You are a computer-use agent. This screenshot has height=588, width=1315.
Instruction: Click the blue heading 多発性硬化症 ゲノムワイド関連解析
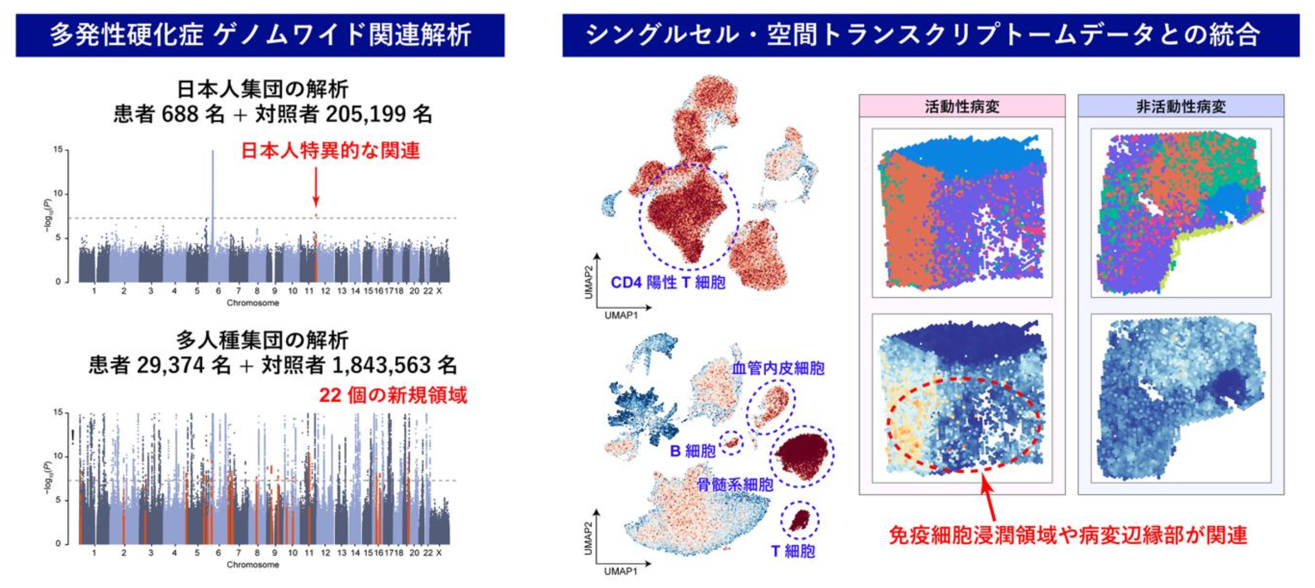click(x=260, y=35)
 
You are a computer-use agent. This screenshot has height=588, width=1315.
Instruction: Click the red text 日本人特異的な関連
click(x=330, y=151)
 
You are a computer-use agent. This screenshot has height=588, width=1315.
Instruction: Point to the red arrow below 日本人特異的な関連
click(x=316, y=186)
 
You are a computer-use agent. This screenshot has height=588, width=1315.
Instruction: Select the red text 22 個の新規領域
click(x=393, y=395)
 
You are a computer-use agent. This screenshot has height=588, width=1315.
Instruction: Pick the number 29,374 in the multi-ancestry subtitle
click(x=170, y=365)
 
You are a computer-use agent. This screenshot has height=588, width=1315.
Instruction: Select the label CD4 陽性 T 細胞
click(x=668, y=282)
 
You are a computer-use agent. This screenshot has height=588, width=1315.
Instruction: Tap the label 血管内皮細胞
click(x=778, y=368)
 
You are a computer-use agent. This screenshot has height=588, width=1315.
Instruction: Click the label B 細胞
click(x=693, y=451)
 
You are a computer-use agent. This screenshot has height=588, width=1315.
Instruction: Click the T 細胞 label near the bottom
click(x=793, y=551)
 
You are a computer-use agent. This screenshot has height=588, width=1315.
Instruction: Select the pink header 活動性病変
click(x=962, y=107)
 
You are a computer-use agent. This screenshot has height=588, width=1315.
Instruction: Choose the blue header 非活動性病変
click(x=1181, y=107)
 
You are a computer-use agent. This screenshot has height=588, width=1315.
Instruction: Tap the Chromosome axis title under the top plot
click(x=253, y=303)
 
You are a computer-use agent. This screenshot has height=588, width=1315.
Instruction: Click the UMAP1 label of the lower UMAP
click(x=621, y=571)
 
